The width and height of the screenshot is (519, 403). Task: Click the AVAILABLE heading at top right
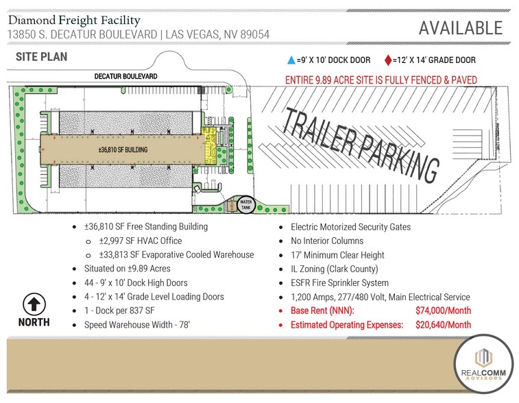click(x=460, y=28)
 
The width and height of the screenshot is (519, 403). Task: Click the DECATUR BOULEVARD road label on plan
click(x=126, y=77)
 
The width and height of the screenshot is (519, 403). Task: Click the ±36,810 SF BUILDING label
click(x=123, y=150)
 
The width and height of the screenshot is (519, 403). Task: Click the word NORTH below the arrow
click(x=34, y=322)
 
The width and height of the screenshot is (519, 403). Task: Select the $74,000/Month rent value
click(x=443, y=310)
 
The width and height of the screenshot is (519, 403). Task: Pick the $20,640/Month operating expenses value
click(x=443, y=325)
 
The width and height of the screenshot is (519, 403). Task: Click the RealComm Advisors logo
click(x=483, y=364)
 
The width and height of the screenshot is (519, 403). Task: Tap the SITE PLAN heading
click(x=42, y=57)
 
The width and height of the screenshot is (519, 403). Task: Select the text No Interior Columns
click(x=327, y=241)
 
